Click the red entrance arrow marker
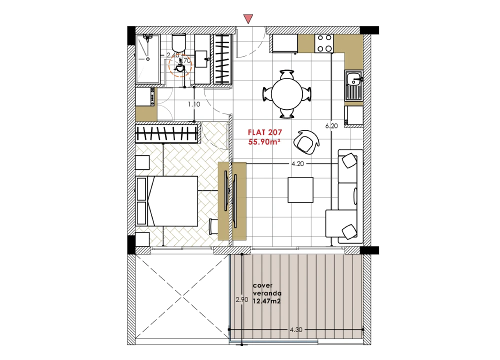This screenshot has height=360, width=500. click(x=248, y=18)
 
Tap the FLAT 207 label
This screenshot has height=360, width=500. click(x=265, y=132)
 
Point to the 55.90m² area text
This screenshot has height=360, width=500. click(x=264, y=142)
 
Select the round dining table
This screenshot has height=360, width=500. click(x=287, y=94)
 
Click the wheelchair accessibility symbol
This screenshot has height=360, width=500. click(x=178, y=66)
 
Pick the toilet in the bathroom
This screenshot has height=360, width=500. click(x=178, y=43)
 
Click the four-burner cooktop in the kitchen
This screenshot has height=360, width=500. click(x=324, y=43)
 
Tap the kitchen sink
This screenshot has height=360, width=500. click(x=353, y=86)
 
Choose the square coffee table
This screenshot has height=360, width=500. click(x=300, y=190)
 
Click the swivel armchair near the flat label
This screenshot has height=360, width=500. click(x=306, y=142)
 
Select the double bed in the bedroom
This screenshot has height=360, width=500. click(x=167, y=201)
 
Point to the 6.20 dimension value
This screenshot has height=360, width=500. click(x=331, y=126)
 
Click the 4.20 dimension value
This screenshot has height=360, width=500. click(x=297, y=164)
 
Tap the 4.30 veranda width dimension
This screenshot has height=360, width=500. click(x=296, y=329)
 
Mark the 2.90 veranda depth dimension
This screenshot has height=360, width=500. click(x=242, y=299)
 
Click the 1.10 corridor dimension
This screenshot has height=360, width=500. click(x=194, y=104)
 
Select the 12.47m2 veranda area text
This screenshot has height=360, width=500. click(x=266, y=301)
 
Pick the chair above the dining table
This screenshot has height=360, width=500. click(x=287, y=75)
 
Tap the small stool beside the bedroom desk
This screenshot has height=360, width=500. click(x=213, y=226)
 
